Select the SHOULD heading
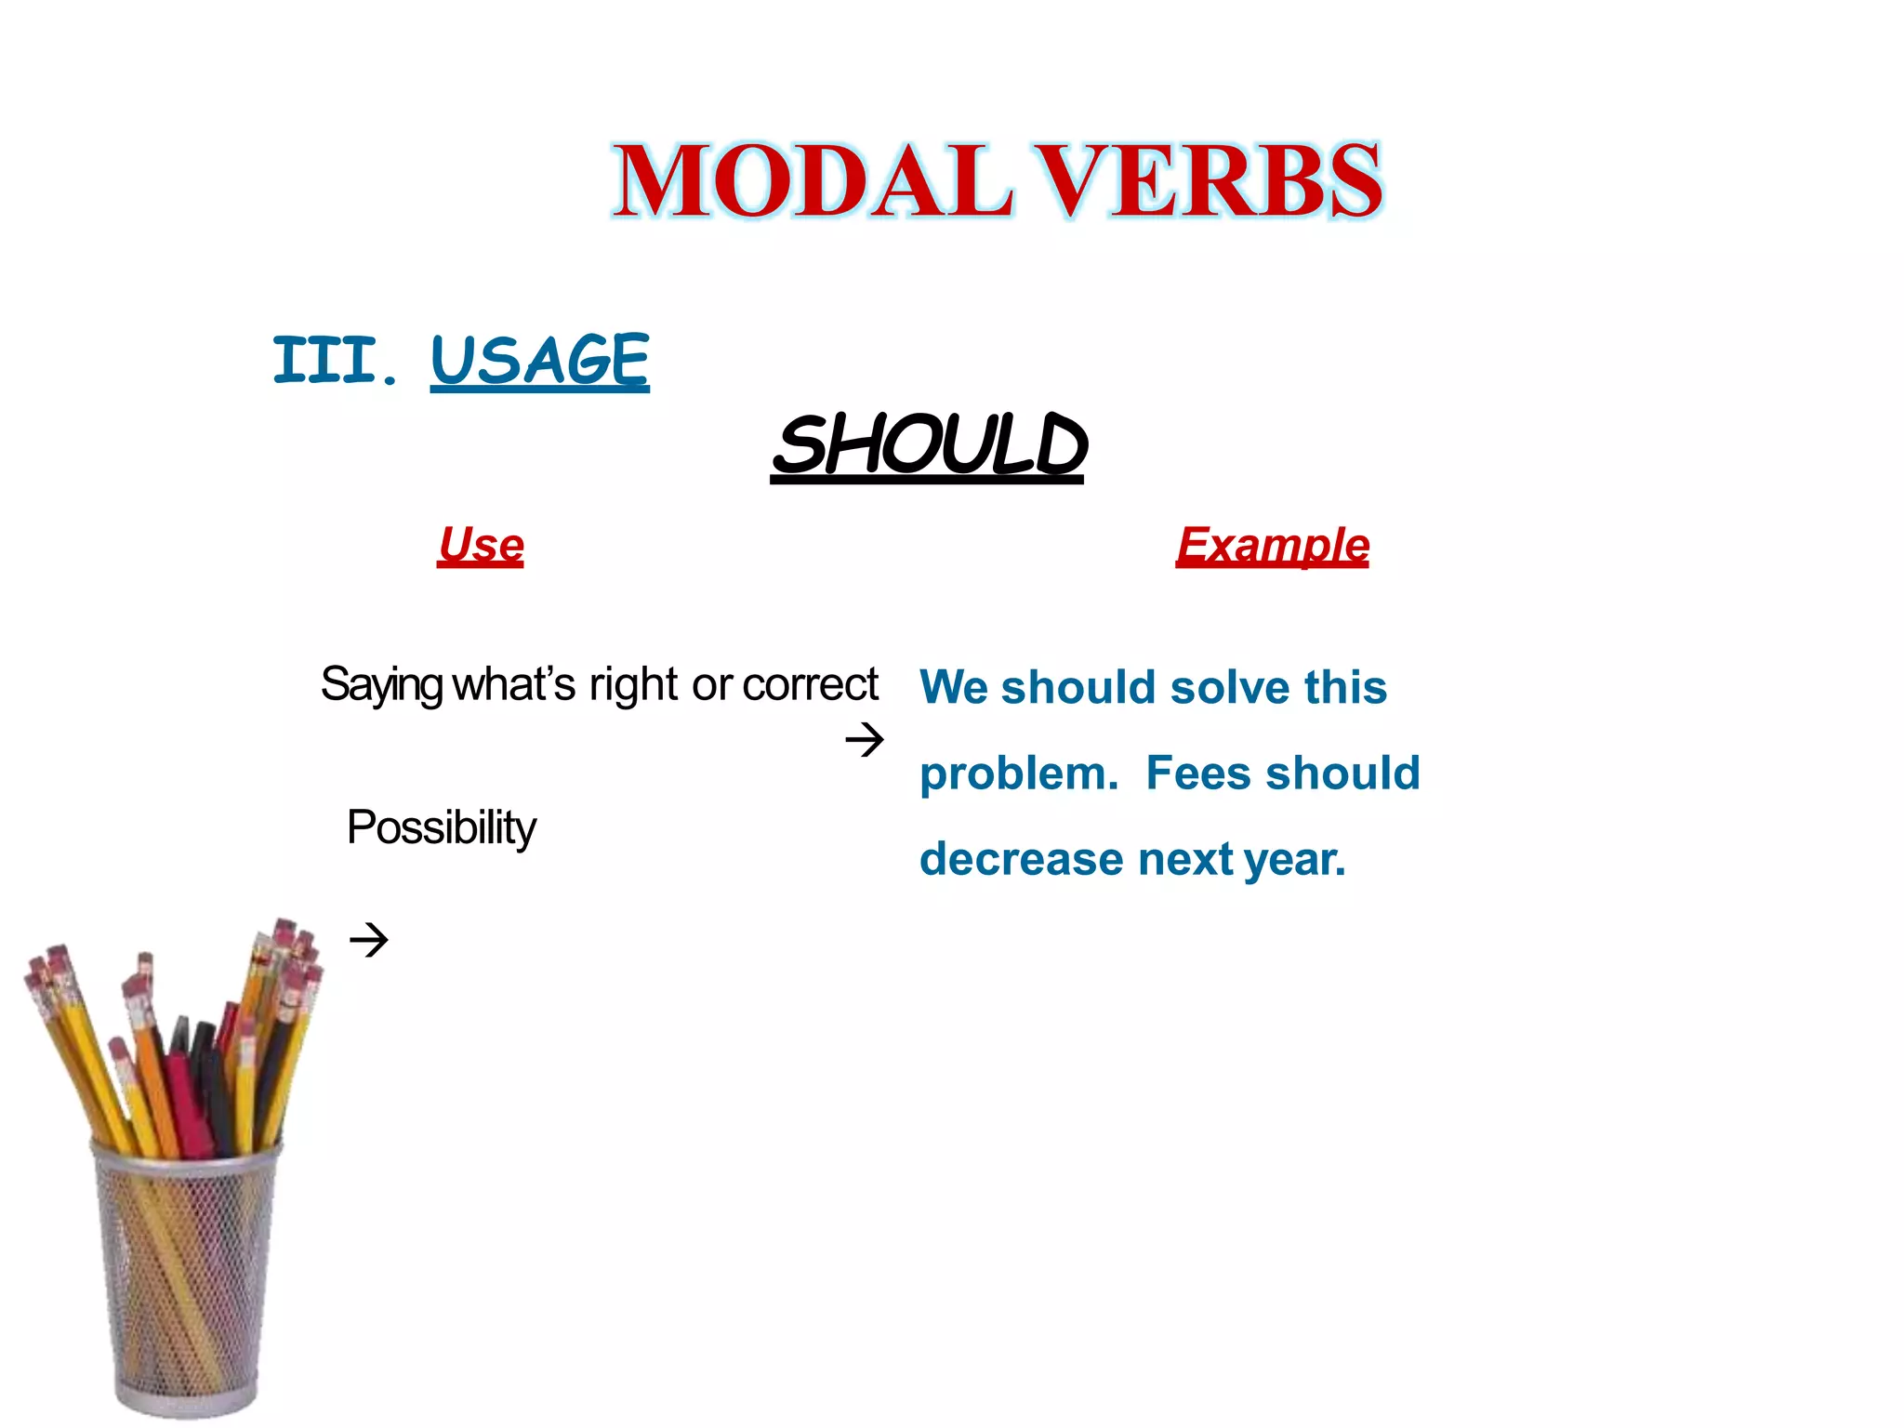tap(928, 446)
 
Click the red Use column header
tap(481, 545)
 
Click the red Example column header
tap(1272, 545)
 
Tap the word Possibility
tap(441, 827)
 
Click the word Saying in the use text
tap(381, 686)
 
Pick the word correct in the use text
tap(810, 685)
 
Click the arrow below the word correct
tap(864, 740)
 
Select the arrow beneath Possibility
tap(368, 940)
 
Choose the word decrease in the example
tap(1020, 859)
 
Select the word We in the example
tap(954, 688)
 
